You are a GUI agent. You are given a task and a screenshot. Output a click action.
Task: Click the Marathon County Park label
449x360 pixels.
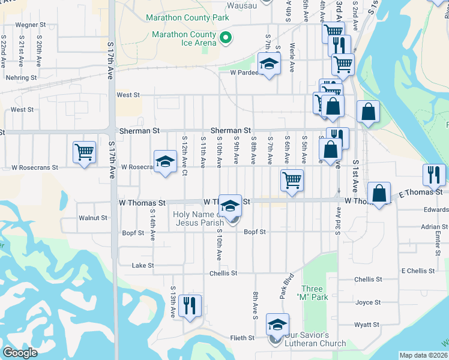tap(187, 18)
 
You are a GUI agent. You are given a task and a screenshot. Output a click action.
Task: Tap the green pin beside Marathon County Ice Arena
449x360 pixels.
tap(226, 40)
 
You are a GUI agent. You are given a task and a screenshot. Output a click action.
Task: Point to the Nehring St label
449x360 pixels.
tap(21, 77)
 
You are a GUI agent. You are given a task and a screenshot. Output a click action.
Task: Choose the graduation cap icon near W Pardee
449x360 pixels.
tap(270, 64)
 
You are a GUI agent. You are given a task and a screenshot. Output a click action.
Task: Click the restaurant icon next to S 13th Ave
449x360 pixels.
tap(190, 305)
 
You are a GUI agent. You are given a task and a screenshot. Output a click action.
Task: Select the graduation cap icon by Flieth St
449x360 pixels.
tap(277, 325)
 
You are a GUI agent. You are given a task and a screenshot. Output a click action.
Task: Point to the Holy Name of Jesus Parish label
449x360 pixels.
tap(199, 218)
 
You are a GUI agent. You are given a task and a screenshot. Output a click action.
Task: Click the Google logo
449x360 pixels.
tap(20, 353)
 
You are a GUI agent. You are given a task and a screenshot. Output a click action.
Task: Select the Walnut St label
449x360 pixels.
tap(92, 218)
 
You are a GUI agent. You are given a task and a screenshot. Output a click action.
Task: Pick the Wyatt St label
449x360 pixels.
tap(367, 325)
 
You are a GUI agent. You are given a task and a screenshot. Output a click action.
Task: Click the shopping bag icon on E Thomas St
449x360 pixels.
tap(379, 194)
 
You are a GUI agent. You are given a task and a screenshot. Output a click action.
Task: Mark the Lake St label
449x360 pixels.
tap(143, 265)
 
